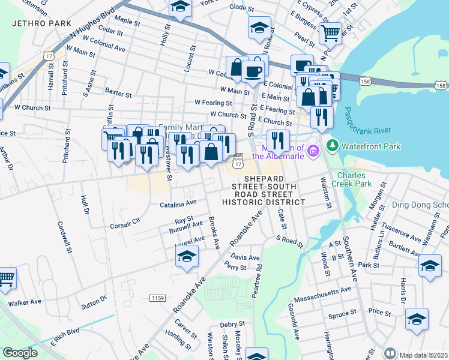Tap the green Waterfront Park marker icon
[x=332, y=146]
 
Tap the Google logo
[x=20, y=352]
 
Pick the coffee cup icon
[x=253, y=71]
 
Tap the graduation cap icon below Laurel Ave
[x=187, y=256]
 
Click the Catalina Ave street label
[x=178, y=205]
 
